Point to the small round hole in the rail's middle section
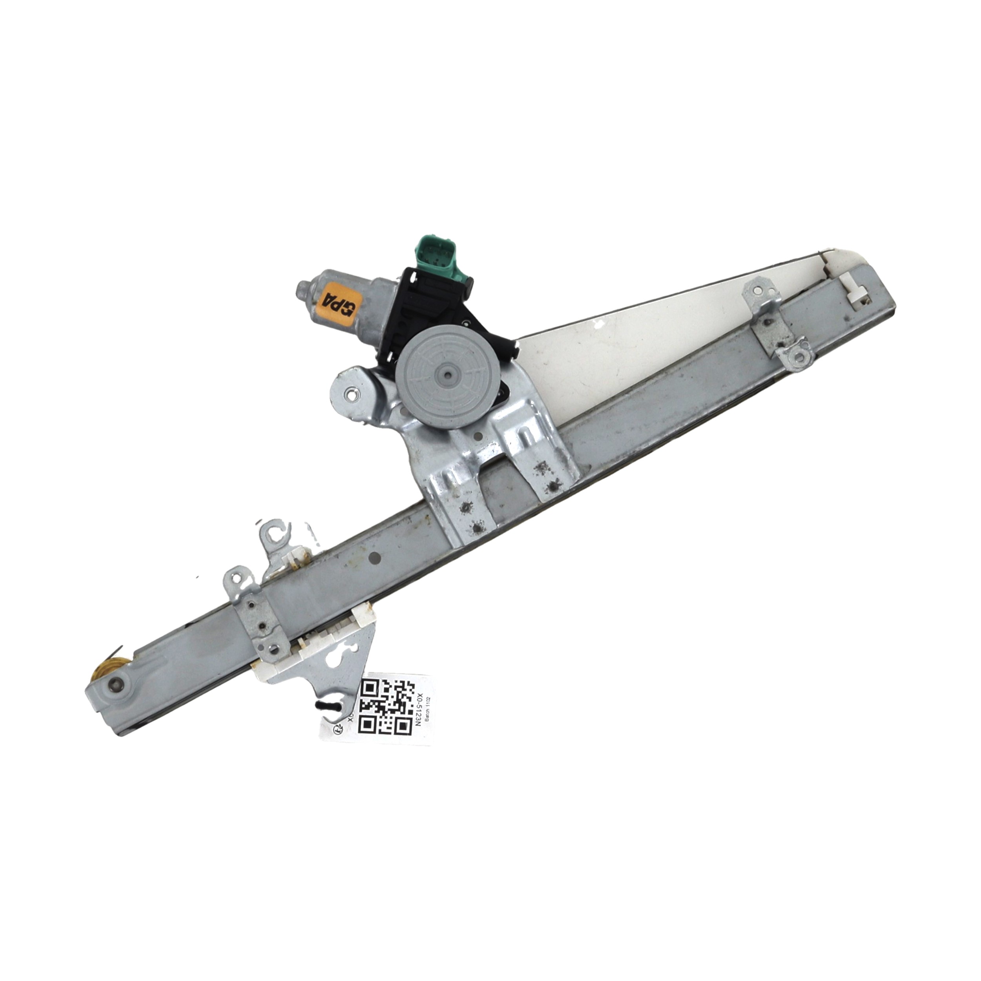pos(375,558)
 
